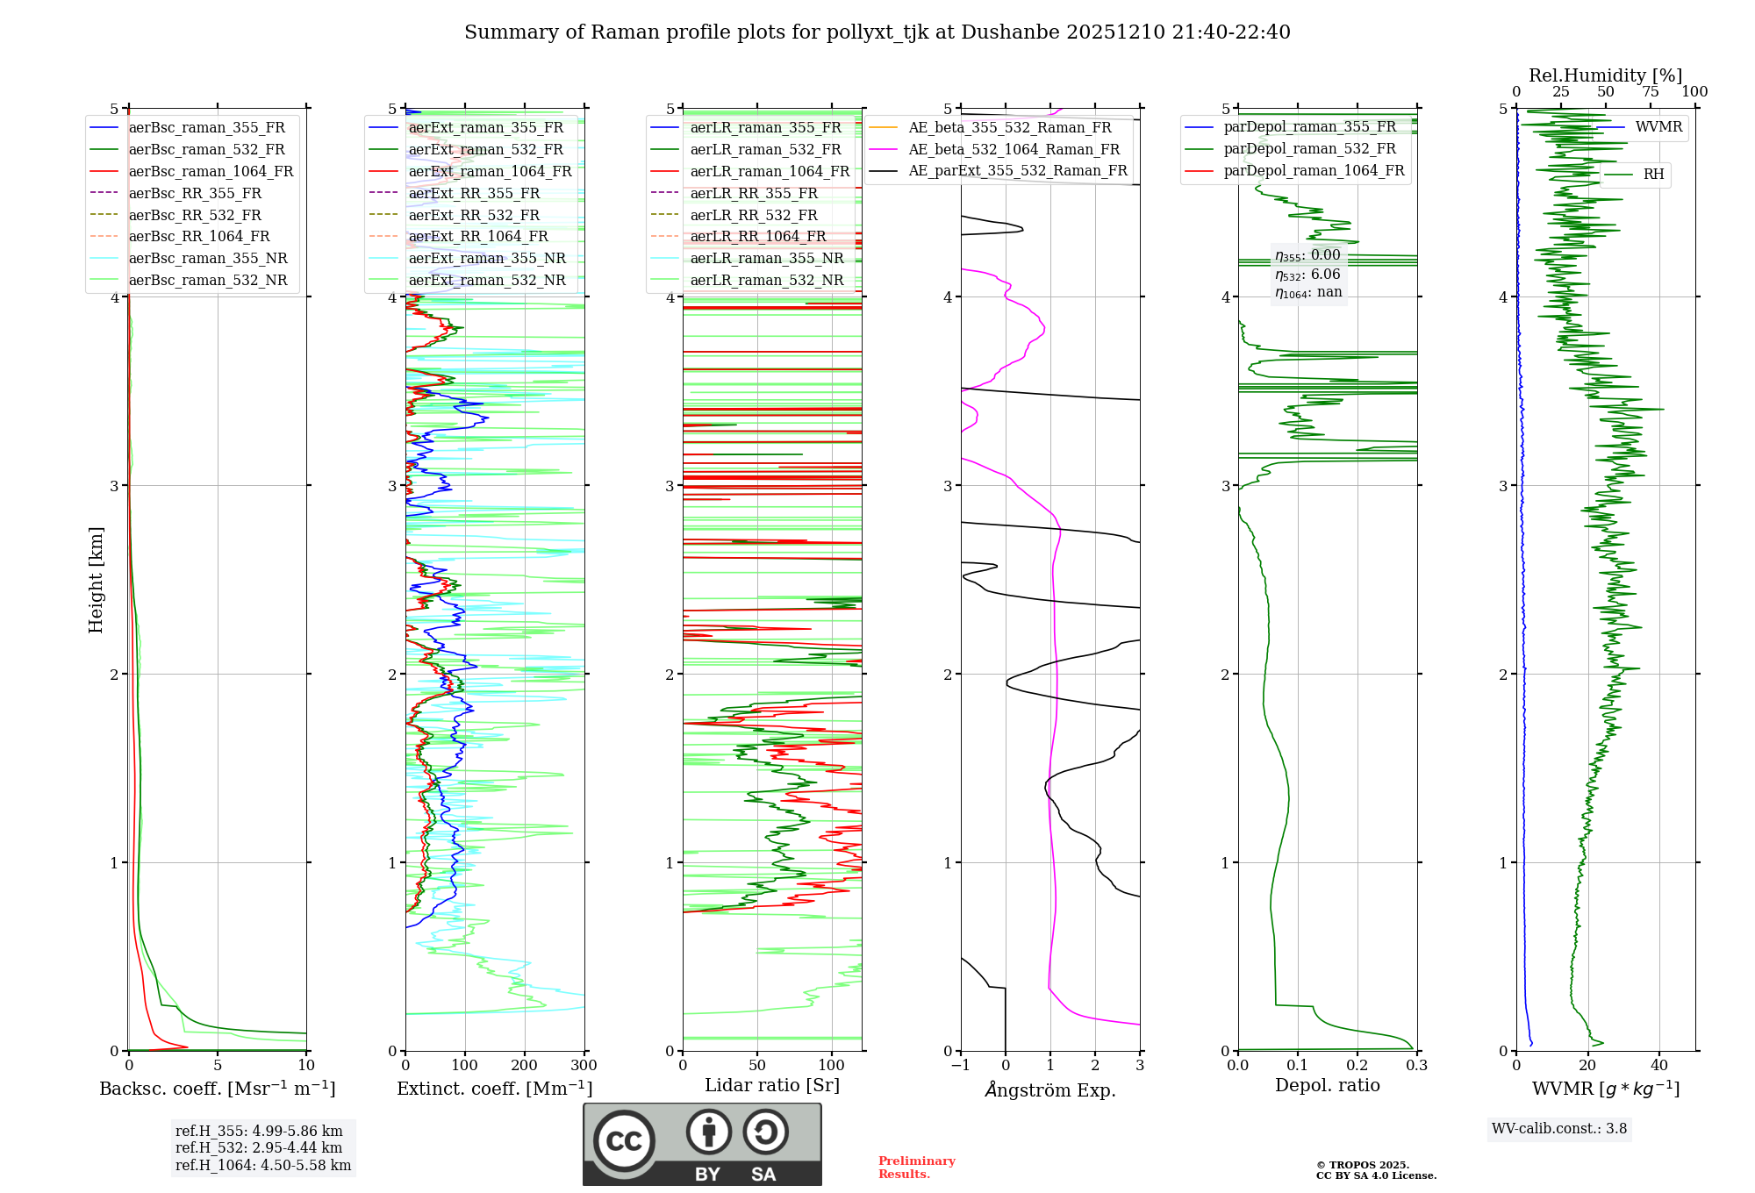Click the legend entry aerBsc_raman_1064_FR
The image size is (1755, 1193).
[x=211, y=171]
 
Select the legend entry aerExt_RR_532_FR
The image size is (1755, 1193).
[x=474, y=215]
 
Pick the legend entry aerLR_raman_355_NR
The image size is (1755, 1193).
[x=766, y=258]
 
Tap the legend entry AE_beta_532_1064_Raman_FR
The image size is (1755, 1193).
[x=1014, y=149]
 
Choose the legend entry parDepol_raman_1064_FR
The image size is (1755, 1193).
[x=1314, y=170]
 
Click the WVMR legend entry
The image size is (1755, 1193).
[x=1658, y=127]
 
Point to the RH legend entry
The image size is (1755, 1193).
[x=1653, y=175]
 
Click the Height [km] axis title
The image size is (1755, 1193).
[x=96, y=580]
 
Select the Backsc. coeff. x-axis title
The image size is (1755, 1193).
[x=218, y=1089]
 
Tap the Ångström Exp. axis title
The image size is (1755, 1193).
[x=1050, y=1090]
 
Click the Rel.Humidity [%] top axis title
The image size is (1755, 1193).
[x=1605, y=75]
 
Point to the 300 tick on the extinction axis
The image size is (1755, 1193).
[x=584, y=1066]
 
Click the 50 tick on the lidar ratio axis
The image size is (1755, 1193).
[x=757, y=1066]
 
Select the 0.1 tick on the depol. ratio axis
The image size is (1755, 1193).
[x=1297, y=1066]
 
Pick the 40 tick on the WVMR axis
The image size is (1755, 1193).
[x=1658, y=1066]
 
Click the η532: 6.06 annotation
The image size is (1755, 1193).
[x=1307, y=274]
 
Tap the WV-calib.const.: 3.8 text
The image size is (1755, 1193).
[x=1559, y=1129]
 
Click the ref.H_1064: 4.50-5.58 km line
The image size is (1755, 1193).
[x=263, y=1166]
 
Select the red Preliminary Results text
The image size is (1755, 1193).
[x=916, y=1168]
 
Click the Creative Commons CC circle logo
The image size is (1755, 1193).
[x=624, y=1140]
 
